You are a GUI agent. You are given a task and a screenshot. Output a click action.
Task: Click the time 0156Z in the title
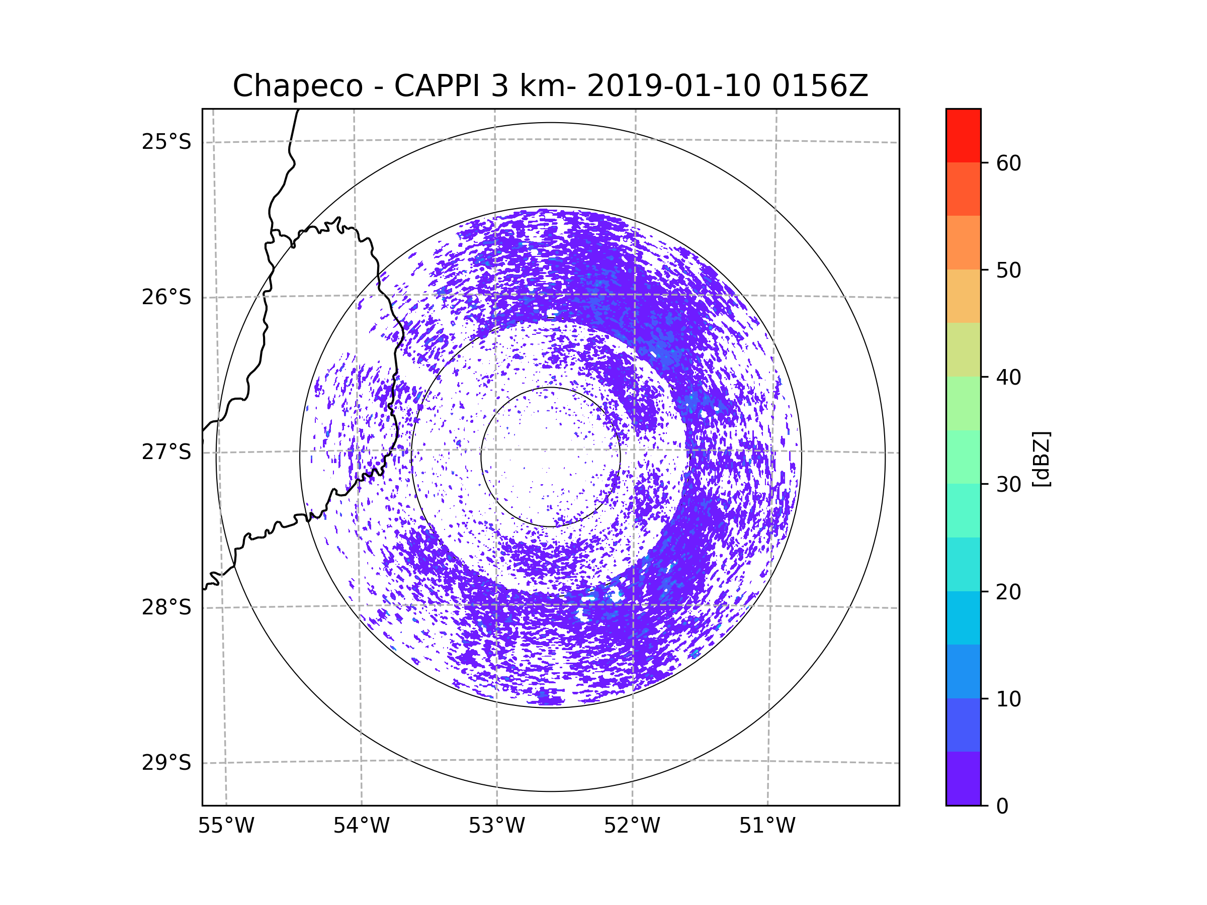pyautogui.click(x=820, y=86)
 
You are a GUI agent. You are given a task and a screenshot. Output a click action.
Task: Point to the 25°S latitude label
pyautogui.click(x=166, y=142)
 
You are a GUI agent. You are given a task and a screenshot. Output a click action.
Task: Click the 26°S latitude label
pyautogui.click(x=166, y=297)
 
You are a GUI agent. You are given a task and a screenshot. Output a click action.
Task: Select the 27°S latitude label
pyautogui.click(x=166, y=452)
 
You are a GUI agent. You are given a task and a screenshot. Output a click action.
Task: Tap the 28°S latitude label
pyautogui.click(x=166, y=607)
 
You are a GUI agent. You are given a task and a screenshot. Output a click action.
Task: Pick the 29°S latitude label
pyautogui.click(x=166, y=763)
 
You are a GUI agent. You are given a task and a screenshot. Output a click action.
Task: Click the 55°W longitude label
pyautogui.click(x=226, y=826)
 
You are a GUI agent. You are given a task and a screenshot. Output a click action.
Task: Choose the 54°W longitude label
pyautogui.click(x=361, y=826)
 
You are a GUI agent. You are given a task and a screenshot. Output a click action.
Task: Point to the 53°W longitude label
pyautogui.click(x=496, y=826)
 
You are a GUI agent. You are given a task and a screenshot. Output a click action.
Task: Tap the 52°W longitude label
pyautogui.click(x=632, y=826)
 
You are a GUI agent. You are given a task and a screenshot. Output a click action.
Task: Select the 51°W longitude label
pyautogui.click(x=767, y=826)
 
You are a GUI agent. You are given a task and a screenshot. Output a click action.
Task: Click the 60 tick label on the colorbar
pyautogui.click(x=1008, y=163)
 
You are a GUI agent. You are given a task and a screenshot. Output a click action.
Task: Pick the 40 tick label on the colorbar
pyautogui.click(x=1008, y=378)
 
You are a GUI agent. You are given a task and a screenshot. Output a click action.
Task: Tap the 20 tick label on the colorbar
pyautogui.click(x=1008, y=592)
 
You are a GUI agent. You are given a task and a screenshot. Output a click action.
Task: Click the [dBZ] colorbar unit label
pyautogui.click(x=1041, y=459)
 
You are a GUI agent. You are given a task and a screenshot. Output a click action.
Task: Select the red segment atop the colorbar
pyautogui.click(x=963, y=136)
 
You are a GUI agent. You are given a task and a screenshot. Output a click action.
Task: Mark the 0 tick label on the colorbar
pyautogui.click(x=1002, y=806)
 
